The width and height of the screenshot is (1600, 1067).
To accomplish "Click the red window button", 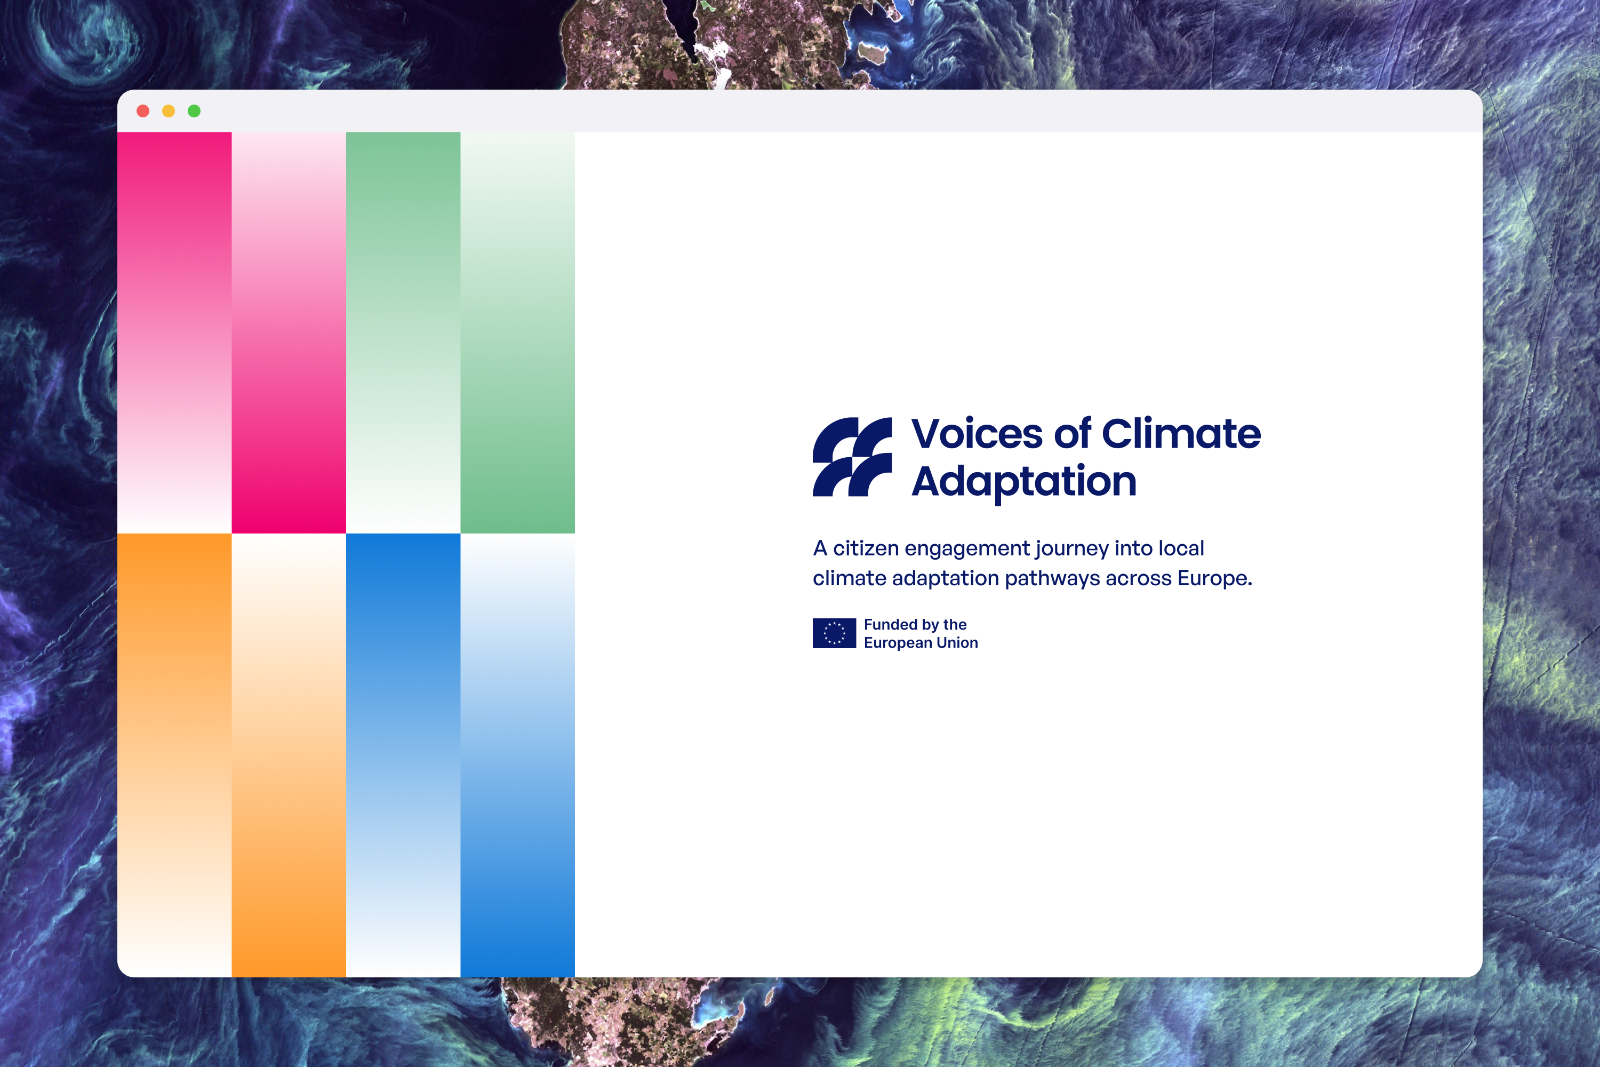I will tap(143, 111).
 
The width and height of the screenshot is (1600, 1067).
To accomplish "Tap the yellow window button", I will tap(169, 111).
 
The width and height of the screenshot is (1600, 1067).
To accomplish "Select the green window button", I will tap(194, 111).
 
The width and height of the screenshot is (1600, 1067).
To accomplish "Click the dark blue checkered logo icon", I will tap(852, 457).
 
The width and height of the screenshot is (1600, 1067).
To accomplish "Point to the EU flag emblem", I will tap(834, 633).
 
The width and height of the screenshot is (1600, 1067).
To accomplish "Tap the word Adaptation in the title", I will tap(1024, 482).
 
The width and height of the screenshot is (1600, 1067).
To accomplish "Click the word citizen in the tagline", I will tap(865, 548).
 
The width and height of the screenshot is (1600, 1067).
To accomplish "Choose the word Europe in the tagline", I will tap(1214, 578).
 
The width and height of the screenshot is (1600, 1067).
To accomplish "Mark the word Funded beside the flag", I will tap(891, 624).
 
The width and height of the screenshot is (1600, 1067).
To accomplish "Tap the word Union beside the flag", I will tap(957, 642).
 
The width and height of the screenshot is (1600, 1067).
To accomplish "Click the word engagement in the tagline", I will tap(966, 549).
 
